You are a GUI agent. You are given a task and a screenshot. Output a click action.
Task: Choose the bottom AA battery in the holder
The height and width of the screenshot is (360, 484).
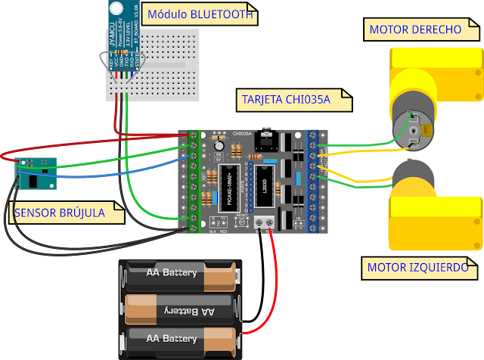[181, 338]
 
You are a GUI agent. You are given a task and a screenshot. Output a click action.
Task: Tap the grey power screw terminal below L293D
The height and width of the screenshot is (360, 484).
[264, 222]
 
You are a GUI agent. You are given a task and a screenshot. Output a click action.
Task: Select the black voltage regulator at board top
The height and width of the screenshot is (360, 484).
[265, 138]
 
